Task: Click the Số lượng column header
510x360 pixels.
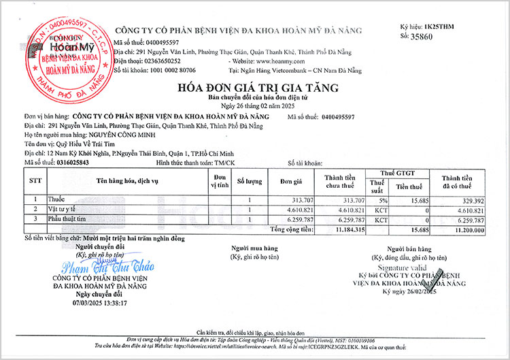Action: (249, 181)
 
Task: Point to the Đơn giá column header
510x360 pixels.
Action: (290, 181)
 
